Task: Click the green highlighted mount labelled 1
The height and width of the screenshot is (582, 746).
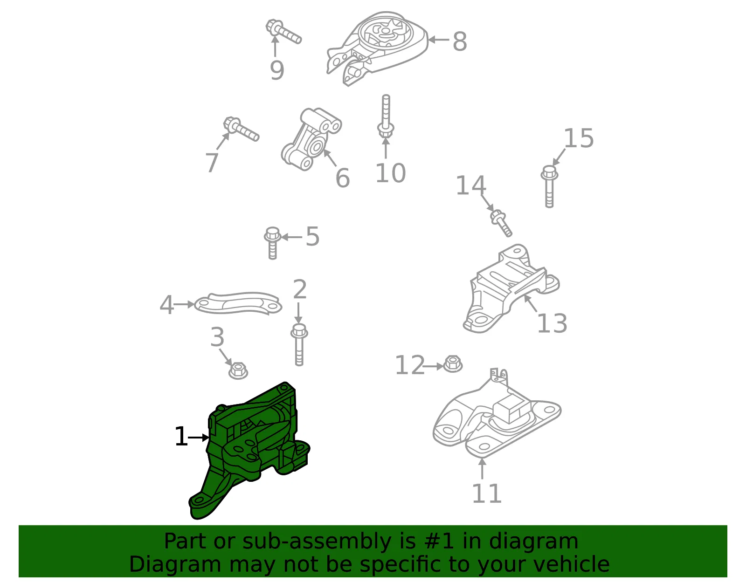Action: click(251, 446)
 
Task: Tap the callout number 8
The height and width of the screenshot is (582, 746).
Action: click(460, 41)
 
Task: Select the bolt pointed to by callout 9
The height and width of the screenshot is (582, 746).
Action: click(283, 32)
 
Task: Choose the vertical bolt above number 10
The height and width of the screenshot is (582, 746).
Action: click(386, 116)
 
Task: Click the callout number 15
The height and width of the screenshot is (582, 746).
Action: click(579, 138)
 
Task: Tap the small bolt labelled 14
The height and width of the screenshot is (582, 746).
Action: click(501, 223)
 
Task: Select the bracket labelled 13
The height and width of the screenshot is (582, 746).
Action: click(511, 289)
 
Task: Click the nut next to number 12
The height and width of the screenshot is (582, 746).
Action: click(453, 364)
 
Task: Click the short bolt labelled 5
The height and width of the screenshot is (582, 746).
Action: click(273, 243)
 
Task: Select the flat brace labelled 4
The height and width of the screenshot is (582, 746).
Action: click(238, 303)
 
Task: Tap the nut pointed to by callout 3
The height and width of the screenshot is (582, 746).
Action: click(238, 370)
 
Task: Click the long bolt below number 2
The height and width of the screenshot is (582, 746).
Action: click(299, 344)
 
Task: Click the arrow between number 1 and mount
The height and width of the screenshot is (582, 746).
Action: click(199, 438)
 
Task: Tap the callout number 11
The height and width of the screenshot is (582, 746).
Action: click(486, 494)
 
